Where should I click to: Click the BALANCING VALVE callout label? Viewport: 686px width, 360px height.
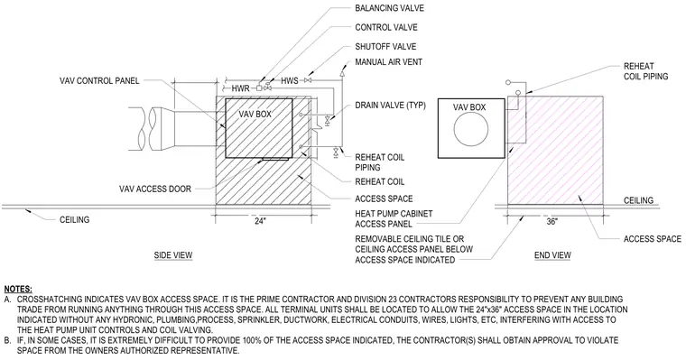click(x=389, y=8)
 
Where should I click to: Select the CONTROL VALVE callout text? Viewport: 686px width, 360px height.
click(x=386, y=28)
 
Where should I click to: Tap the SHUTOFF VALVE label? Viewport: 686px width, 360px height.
click(x=385, y=46)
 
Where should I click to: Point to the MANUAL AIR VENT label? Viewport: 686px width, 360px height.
click(x=388, y=62)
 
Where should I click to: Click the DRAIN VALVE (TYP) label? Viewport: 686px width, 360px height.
click(x=390, y=106)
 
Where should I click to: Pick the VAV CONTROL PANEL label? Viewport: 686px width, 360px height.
click(x=99, y=81)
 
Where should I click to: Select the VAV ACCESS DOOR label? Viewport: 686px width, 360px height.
click(x=155, y=189)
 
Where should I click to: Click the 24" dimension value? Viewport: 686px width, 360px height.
click(x=260, y=221)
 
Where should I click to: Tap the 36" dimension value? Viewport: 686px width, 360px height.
click(x=552, y=222)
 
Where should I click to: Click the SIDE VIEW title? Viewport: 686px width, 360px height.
click(x=173, y=255)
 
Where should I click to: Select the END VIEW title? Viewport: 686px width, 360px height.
click(x=552, y=255)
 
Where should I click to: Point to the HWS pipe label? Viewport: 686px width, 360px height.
click(x=290, y=81)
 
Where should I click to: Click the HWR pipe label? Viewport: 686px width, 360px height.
click(x=241, y=88)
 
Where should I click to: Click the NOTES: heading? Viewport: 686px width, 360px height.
click(x=18, y=289)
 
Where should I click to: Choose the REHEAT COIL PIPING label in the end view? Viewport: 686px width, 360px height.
click(x=646, y=71)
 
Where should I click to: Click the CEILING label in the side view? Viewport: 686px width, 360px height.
click(x=74, y=219)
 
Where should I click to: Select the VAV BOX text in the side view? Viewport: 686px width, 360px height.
click(x=255, y=115)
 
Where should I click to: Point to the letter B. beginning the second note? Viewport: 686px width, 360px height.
click(x=7, y=340)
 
